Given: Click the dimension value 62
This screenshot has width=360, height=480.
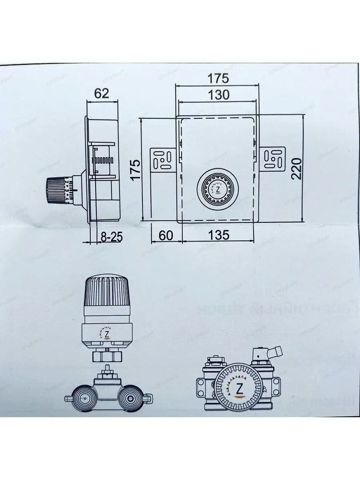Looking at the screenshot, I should tap(101, 94).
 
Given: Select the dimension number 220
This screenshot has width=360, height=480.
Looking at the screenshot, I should tap(296, 168).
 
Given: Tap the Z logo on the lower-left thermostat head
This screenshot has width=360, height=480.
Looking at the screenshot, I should tap(107, 334).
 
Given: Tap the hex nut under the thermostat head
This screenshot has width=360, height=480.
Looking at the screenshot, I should tap(107, 355).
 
